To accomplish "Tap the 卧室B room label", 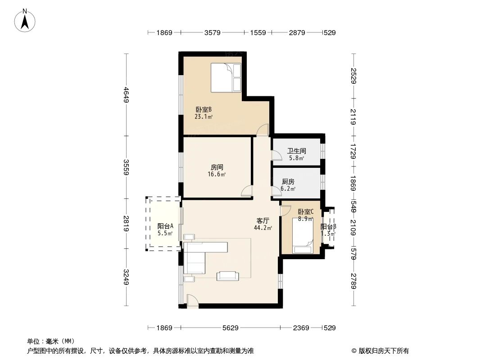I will (204, 112).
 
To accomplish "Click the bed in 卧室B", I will (226, 77).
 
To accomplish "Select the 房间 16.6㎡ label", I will (216, 170).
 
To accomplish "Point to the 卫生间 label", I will (296, 154).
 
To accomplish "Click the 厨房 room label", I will (288, 185).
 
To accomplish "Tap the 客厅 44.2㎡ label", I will (263, 224).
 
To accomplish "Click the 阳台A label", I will (165, 229).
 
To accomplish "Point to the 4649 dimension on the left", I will (127, 94).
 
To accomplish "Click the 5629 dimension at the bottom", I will (230, 328).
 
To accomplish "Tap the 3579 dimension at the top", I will (212, 33).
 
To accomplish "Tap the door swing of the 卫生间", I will (276, 155).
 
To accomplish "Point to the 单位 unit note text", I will (51, 341).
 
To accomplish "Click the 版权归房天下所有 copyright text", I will (380, 351).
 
